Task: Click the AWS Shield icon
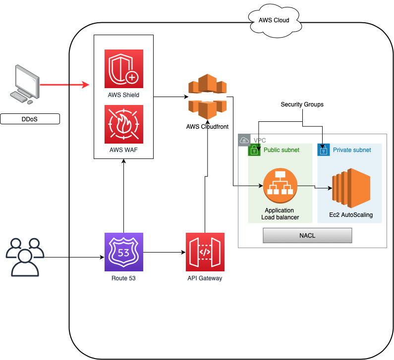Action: coord(124,69)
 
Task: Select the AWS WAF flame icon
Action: coord(124,124)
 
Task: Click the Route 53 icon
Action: coord(124,252)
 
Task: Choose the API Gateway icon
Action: coord(205,252)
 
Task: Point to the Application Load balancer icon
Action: coord(280,186)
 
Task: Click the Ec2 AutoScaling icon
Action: coord(352,189)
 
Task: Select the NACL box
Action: coord(307,236)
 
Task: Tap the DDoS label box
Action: coord(30,119)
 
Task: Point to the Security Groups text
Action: coord(302,104)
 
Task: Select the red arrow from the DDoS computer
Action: coord(64,85)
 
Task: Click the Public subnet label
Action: coord(281,150)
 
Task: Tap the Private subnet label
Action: coord(352,150)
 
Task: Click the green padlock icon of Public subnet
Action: coord(254,150)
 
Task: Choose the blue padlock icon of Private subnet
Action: coord(324,150)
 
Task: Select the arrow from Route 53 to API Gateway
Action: coord(164,253)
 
